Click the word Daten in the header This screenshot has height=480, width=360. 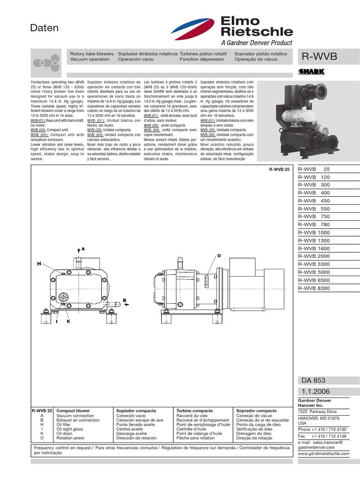tap(45, 28)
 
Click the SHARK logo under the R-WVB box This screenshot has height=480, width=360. tap(311, 72)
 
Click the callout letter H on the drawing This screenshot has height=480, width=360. tap(39, 264)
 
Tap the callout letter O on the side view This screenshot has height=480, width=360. tap(218, 255)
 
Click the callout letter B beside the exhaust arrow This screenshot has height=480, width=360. tap(125, 300)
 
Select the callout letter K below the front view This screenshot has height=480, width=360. tap(68, 322)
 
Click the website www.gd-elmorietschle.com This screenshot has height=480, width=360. tap(324, 453)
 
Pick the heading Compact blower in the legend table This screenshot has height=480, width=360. tap(73, 411)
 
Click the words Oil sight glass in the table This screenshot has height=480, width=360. tap(70, 429)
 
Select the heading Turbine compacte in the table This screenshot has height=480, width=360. tap(195, 411)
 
